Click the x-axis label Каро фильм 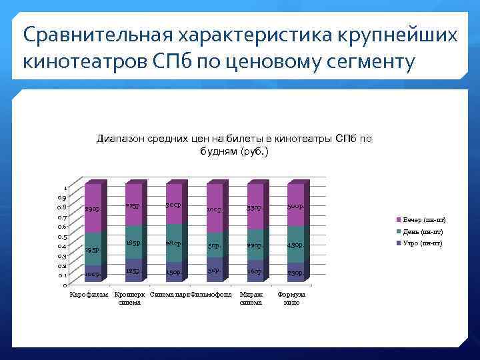(x=89, y=295)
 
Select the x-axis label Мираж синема (x=251, y=298)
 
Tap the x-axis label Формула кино (x=292, y=298)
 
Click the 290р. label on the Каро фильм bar (x=93, y=209)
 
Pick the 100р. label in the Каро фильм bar (x=93, y=274)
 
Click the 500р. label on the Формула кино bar (x=296, y=207)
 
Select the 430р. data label (x=296, y=245)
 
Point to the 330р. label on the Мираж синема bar (x=255, y=208)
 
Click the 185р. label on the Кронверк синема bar (x=133, y=244)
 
